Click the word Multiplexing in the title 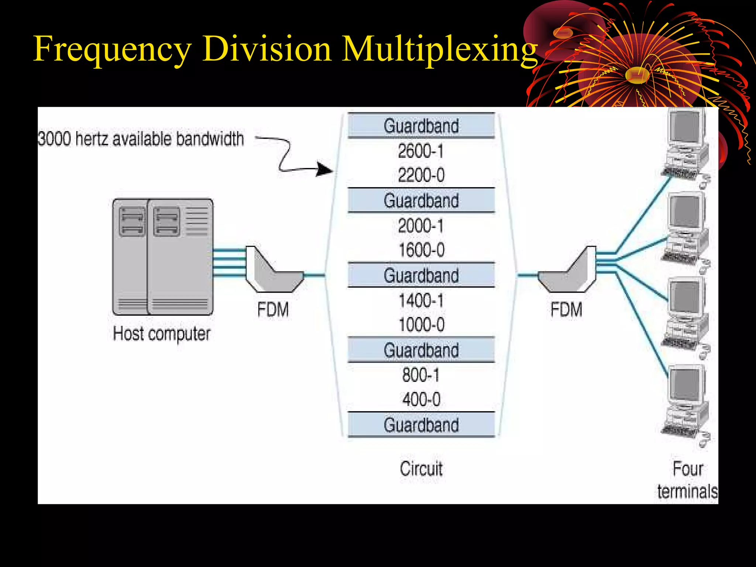tap(439, 49)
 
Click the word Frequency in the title tap(112, 49)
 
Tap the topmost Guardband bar tap(421, 126)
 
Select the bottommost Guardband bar tap(421, 425)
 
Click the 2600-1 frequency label tap(421, 151)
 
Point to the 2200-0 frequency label tap(421, 175)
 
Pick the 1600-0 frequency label tap(422, 250)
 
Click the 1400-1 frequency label tap(421, 300)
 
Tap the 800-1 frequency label tap(421, 375)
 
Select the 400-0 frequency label tap(421, 399)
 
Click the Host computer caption tap(161, 334)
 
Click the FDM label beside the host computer tap(273, 309)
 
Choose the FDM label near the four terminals tap(566, 309)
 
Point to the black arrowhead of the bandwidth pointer tap(325, 170)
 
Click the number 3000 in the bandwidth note tap(54, 139)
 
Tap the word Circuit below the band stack tap(421, 469)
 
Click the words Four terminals tap(687, 480)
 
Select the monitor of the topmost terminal tap(686, 127)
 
